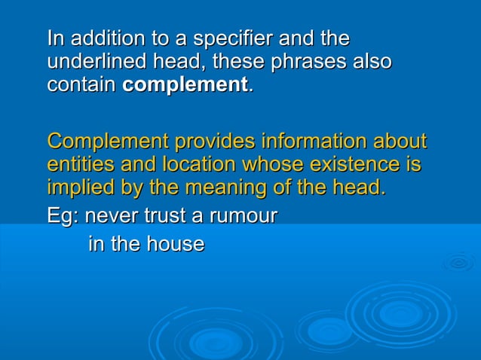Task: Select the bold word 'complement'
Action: (x=185, y=85)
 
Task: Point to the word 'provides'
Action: (x=213, y=141)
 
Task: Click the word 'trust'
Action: (x=163, y=217)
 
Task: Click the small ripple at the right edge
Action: (x=458, y=263)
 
